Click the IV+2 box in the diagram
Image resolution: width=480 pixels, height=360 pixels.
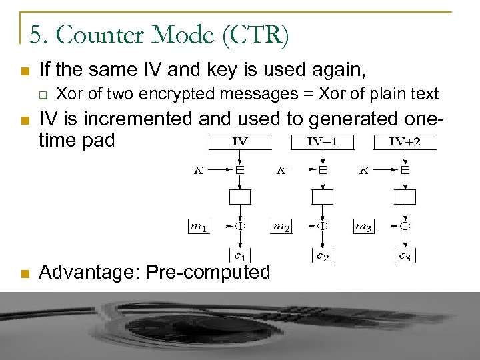405,142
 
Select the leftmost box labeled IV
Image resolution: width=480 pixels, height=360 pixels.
239,142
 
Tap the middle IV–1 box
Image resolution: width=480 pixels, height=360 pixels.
322,142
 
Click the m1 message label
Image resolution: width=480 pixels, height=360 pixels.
197,227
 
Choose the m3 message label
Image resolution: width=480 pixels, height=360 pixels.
364,227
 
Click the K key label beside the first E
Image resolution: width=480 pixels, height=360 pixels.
199,171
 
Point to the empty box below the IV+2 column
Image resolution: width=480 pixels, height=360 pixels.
405,197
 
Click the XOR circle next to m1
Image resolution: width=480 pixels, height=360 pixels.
239,226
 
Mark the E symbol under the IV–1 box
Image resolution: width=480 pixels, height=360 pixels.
322,171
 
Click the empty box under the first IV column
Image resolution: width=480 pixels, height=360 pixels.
239,197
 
